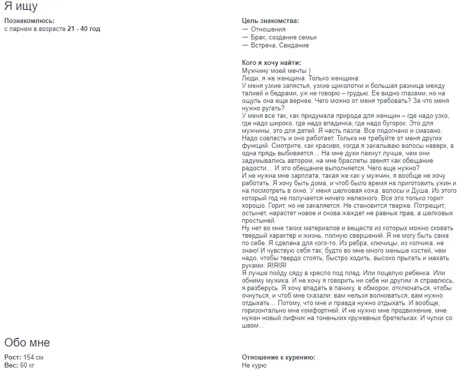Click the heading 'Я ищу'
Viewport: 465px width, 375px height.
tap(21, 6)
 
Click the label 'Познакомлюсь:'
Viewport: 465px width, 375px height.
tap(29, 21)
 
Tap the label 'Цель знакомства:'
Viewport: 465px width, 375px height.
tap(270, 21)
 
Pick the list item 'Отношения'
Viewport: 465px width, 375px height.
tap(268, 29)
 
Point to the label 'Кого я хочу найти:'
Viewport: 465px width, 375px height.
tap(271, 62)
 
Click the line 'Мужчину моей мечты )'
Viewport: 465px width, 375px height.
tap(276, 70)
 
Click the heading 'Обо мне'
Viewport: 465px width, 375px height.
tap(27, 343)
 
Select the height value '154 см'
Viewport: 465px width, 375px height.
tap(33, 358)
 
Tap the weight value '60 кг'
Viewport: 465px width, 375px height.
tap(26, 366)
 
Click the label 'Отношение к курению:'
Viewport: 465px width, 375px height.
tap(278, 358)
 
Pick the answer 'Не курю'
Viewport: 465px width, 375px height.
tap(254, 366)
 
